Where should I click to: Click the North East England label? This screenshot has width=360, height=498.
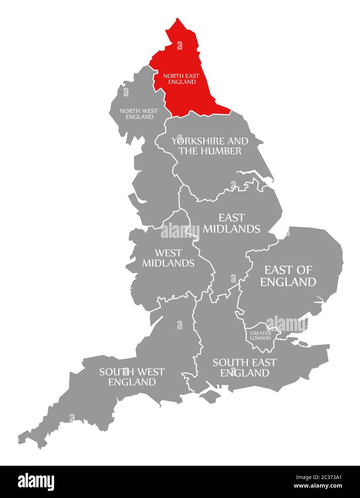coord(181,79)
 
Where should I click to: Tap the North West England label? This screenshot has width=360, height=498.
coord(139,114)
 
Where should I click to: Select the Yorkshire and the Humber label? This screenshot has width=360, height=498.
coord(210,146)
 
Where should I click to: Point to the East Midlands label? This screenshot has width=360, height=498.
coord(231,223)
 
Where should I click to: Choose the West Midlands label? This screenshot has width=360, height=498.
coord(168,258)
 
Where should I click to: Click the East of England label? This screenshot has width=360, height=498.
coord(288,276)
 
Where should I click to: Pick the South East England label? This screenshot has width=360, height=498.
coord(245,368)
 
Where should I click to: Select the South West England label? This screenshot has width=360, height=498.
coord(132,377)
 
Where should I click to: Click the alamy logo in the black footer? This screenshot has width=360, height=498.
coord(36,482)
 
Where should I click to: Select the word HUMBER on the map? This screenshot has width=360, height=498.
coord(220,151)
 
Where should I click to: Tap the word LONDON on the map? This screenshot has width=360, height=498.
coord(260,338)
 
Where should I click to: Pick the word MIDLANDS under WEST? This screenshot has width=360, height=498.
coord(168,263)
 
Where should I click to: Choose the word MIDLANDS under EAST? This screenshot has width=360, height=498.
coord(231,229)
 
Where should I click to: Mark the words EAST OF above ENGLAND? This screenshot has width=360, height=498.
coord(288,270)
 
